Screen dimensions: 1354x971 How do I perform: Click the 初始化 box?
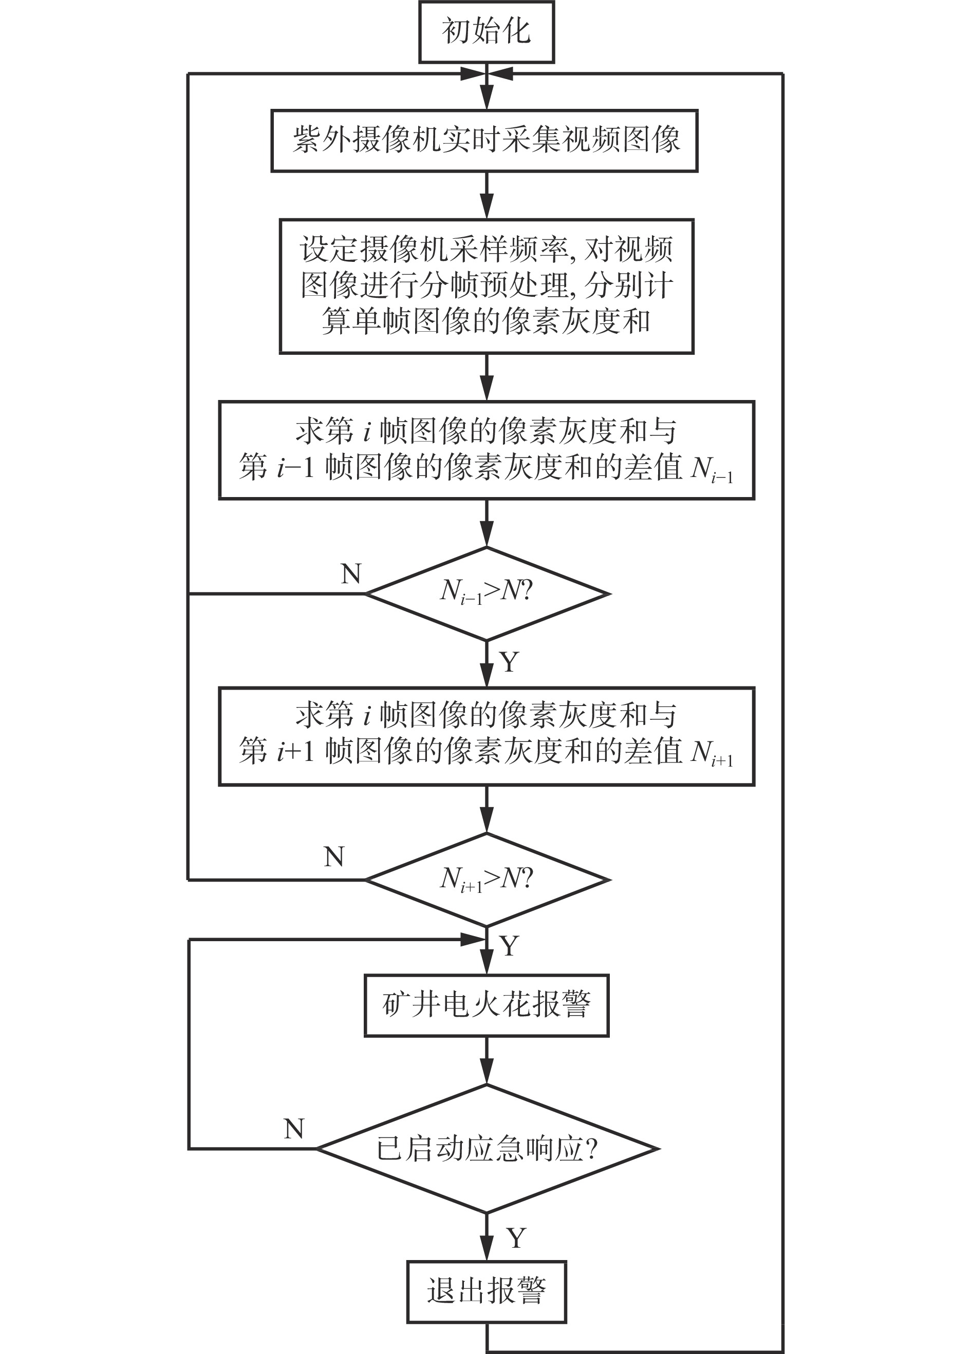(486, 32)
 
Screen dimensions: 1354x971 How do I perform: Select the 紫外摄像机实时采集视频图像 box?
(484, 141)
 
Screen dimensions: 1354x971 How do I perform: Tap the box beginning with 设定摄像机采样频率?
(486, 286)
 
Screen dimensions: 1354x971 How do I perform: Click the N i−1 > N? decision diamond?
(486, 594)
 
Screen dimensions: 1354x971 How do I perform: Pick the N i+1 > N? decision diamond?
(486, 880)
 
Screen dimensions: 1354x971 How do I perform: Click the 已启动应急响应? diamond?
(486, 1148)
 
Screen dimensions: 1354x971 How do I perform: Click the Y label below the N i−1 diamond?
(509, 662)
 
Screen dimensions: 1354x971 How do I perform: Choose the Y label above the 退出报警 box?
(516, 1238)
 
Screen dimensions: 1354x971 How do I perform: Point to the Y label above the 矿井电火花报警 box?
(509, 946)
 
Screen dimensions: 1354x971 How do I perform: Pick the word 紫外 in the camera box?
(322, 141)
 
